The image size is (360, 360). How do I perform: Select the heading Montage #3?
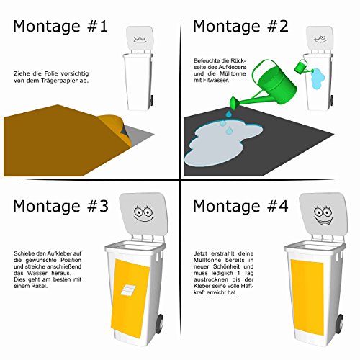[x=60, y=207]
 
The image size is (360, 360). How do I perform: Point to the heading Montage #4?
[x=240, y=207]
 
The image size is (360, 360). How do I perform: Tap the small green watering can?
[x=302, y=66]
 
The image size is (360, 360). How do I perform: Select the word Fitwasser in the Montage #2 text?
[x=216, y=80]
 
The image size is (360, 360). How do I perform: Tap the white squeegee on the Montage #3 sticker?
[x=128, y=290]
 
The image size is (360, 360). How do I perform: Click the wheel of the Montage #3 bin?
[x=160, y=323]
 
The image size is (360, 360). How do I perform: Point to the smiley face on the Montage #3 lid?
[x=143, y=213]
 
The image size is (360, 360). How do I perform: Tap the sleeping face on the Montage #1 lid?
[x=140, y=40]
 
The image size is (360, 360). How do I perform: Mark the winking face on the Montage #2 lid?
[x=320, y=39]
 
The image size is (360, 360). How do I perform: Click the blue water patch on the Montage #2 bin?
[x=318, y=78]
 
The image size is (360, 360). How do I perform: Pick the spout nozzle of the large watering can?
[x=235, y=102]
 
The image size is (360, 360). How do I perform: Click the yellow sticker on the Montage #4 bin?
[x=307, y=297]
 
